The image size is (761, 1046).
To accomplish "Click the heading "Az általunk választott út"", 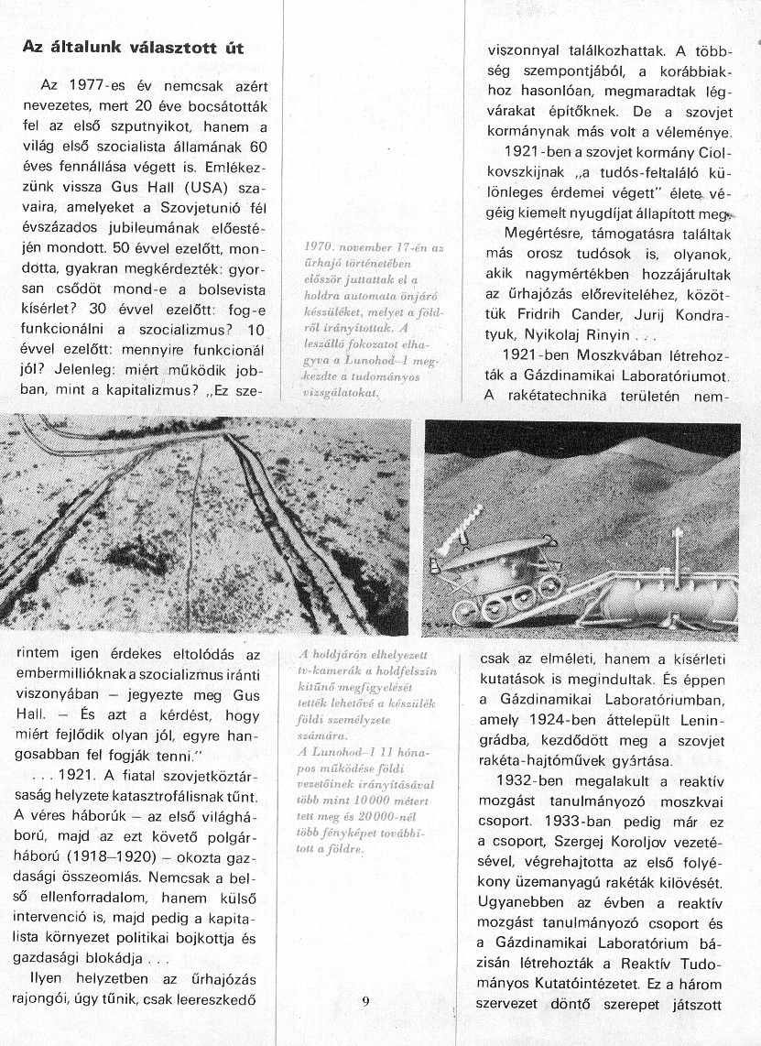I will [134, 47].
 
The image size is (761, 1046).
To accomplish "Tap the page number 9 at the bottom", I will [365, 1001].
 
